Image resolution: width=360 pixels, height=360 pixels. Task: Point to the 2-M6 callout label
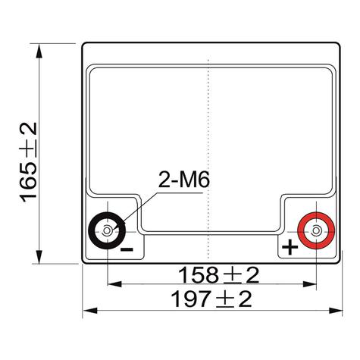183,180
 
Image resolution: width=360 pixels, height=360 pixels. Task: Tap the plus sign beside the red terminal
290,248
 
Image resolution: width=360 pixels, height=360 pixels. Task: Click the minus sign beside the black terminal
127,249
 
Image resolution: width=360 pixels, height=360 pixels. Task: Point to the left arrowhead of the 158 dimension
111,285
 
